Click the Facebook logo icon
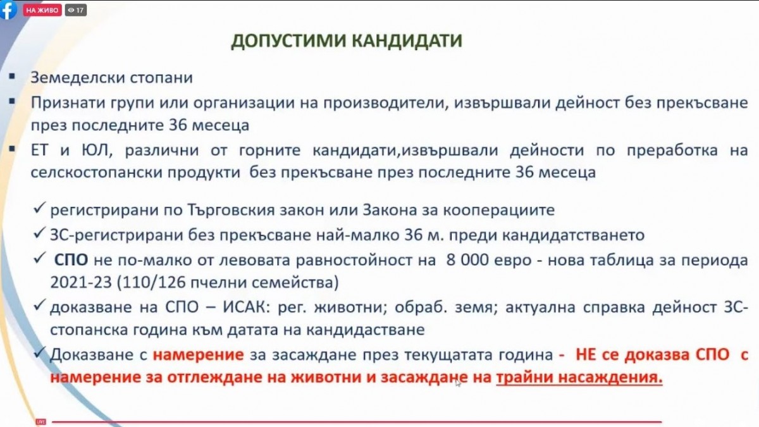coord(8,10)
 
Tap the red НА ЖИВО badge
coord(42,10)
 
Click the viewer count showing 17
coord(75,10)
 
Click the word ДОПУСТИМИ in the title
coord(288,40)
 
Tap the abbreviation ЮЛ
coord(96,150)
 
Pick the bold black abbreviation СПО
coord(71,260)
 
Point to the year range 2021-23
coord(81,282)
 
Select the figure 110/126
coord(153,282)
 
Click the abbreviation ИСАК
coord(245,307)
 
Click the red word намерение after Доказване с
coord(198,355)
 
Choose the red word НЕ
coord(586,355)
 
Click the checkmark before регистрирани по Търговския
coord(39,207)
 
